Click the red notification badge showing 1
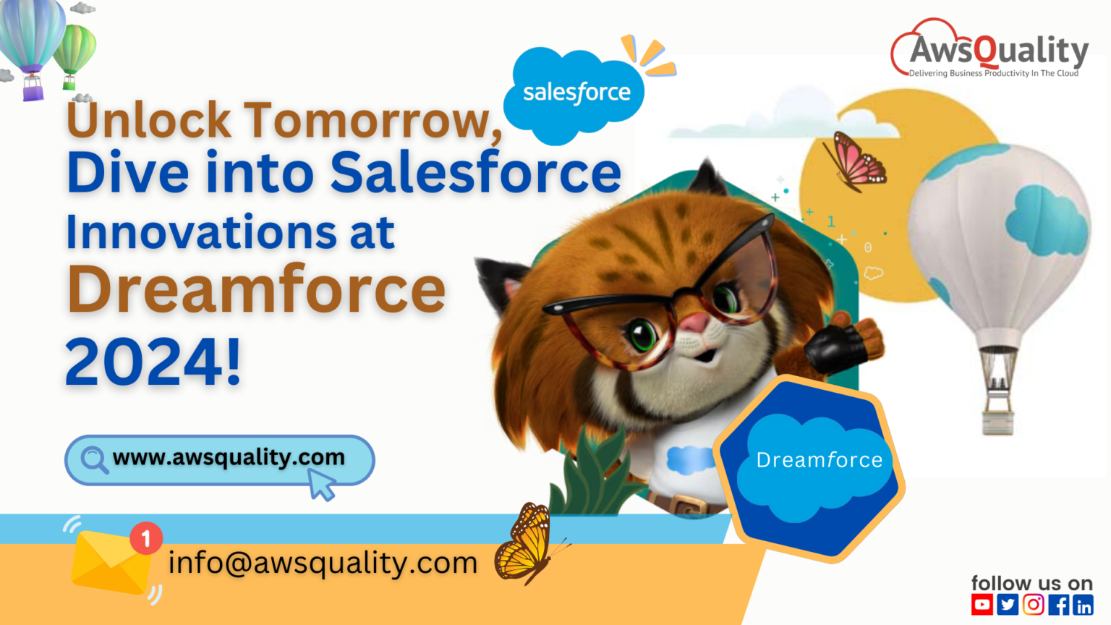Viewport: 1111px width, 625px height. tap(146, 538)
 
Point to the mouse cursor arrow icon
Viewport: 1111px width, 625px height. tap(321, 485)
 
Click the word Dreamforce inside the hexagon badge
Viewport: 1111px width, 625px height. tap(820, 460)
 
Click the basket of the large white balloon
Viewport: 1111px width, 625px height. tap(998, 422)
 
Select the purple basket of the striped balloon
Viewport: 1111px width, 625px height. tap(33, 88)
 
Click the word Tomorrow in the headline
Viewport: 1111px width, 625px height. tap(373, 121)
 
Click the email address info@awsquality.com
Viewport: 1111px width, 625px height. tap(323, 563)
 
